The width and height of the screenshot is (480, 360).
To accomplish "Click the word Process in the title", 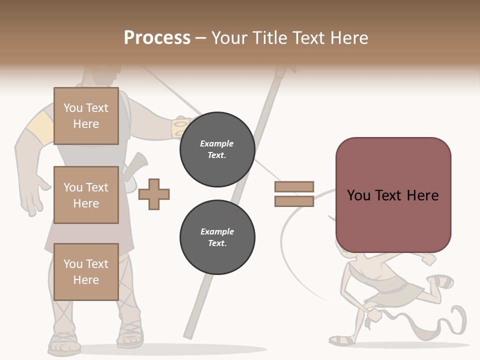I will (157, 38).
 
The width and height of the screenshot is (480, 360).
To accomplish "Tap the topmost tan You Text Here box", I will (86, 116).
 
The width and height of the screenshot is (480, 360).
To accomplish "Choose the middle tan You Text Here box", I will (86, 195).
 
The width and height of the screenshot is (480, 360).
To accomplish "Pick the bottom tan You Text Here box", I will (86, 271).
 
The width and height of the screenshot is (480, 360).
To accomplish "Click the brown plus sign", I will (154, 194).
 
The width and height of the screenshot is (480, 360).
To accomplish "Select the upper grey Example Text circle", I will (217, 149).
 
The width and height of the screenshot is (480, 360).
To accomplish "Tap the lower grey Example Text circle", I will (217, 237).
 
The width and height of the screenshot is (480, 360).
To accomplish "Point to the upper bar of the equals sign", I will (294, 186).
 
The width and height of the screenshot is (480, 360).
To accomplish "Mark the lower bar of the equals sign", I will (294, 201).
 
